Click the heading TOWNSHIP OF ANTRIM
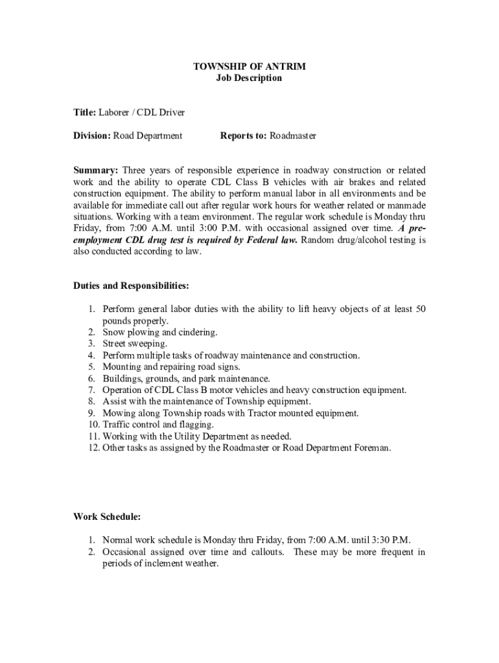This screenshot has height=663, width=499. point(250,67)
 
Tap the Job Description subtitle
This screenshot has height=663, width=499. point(250,78)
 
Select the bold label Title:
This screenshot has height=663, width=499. point(85,113)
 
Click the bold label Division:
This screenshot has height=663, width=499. point(92,136)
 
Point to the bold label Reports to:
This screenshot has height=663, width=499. point(244,136)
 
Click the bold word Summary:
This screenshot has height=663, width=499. point(95,170)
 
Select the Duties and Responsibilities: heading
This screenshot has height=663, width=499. point(131,286)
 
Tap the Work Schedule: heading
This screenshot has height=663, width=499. point(107,517)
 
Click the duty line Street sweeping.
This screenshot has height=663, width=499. point(135,344)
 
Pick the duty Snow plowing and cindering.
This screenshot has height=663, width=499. point(160,332)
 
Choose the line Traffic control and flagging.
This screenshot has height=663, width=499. point(158,425)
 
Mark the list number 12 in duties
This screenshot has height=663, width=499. point(93,448)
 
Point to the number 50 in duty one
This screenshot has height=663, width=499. point(420,309)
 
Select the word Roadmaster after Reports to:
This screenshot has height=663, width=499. point(293,136)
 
